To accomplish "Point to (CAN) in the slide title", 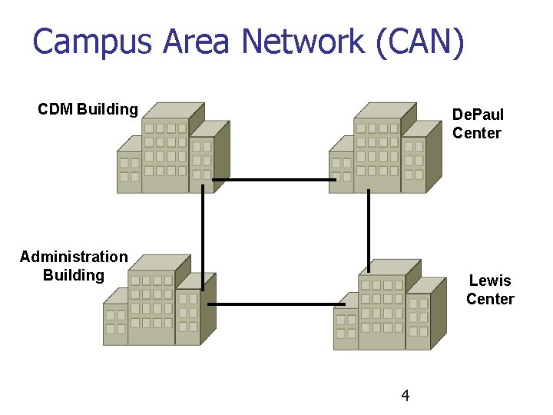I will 421,41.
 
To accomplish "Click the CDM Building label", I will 88,109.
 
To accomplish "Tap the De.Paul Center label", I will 478,124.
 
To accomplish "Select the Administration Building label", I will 74,266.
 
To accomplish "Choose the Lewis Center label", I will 490,290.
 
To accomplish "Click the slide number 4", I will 406,396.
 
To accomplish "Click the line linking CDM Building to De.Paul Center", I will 274,180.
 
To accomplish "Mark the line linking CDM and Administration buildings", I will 203,231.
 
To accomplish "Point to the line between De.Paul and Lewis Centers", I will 368,227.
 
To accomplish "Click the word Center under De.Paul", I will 477,133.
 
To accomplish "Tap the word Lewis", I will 490,281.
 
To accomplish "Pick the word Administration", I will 74,257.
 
